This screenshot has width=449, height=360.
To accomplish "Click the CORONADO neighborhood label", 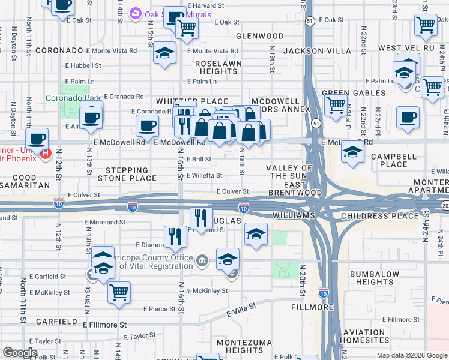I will pyautogui.click(x=58, y=51).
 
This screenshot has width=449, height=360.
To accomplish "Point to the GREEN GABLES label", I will pyautogui.click(x=353, y=93).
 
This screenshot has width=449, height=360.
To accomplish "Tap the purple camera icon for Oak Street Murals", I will pyautogui.click(x=136, y=13).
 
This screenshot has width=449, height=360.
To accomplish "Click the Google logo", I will pyautogui.click(x=20, y=353).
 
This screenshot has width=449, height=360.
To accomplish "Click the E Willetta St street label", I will pyautogui.click(x=204, y=176).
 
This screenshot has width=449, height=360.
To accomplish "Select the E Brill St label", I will pyautogui.click(x=198, y=160).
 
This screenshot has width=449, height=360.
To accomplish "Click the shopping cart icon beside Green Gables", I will pyautogui.click(x=336, y=106).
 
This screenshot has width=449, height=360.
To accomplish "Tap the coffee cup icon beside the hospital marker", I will pyautogui.click(x=38, y=139).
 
